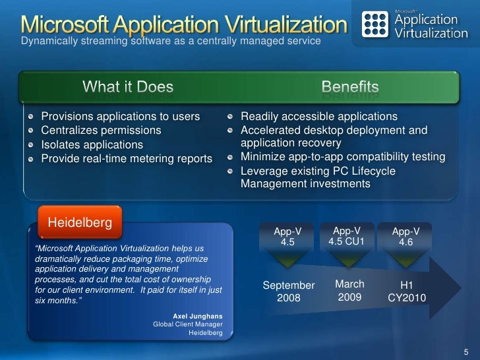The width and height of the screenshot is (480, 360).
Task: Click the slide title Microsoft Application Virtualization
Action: (183, 24)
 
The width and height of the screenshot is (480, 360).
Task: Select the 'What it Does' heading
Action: (128, 87)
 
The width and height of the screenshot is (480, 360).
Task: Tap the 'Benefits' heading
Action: (350, 87)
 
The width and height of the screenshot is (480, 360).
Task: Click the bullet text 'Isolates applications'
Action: (92, 144)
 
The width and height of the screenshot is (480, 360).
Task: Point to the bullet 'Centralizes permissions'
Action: (101, 131)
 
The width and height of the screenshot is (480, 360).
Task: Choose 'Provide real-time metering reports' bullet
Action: (127, 158)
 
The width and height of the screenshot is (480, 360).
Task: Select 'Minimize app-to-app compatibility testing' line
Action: (343, 158)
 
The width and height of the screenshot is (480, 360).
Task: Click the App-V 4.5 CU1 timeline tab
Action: (347, 235)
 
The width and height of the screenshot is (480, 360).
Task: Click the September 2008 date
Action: (289, 291)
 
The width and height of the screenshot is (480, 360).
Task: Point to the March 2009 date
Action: (349, 291)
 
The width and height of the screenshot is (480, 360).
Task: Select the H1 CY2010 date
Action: (406, 292)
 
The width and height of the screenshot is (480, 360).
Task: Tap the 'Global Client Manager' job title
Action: (188, 324)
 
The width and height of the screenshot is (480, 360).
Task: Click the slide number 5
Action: (465, 349)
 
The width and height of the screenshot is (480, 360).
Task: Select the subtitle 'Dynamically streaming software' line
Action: (171, 42)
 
